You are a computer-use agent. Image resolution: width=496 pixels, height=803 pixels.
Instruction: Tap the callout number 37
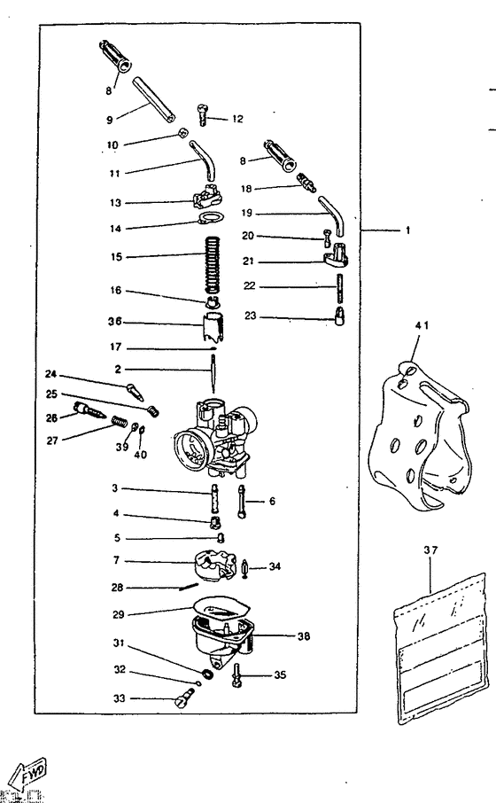(430, 550)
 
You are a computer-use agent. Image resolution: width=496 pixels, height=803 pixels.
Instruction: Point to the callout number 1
(407, 230)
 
